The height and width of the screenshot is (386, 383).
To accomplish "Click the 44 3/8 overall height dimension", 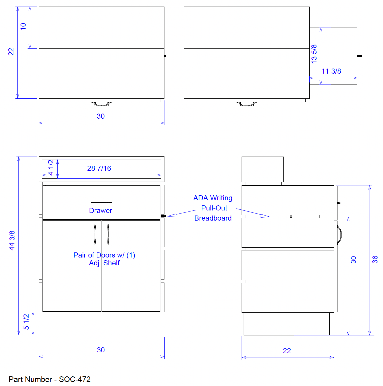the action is tap(12, 241).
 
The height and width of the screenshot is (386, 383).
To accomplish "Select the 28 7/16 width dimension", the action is tap(99, 168).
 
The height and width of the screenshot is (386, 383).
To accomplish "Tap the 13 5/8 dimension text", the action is tap(314, 54).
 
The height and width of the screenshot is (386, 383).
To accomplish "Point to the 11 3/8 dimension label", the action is tap(331, 71).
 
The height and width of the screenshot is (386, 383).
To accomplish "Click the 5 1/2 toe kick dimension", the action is tap(26, 322).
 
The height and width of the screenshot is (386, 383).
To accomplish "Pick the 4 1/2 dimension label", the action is tap(51, 167).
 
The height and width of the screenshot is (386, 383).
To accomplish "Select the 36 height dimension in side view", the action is tap(375, 260).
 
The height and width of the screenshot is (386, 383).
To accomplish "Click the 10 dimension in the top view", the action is tap(23, 27).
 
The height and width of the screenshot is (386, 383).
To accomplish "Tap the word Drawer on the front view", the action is tap(101, 210).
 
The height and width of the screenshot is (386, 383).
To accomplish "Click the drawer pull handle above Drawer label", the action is tap(101, 203).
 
